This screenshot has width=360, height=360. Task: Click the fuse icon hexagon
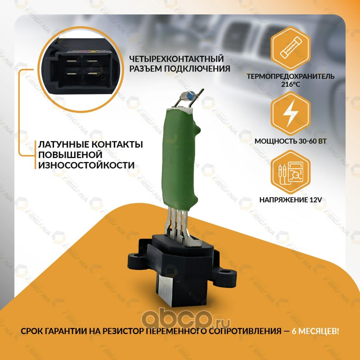coord(290,49)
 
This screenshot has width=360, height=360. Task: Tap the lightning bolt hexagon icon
coord(290,113)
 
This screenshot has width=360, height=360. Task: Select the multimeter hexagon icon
coord(290,172)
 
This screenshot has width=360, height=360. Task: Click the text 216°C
coord(291,84)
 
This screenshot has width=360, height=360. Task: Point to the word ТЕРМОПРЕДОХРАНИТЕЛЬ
coord(290,76)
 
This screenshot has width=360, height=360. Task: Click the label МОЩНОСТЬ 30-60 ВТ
coord(290,141)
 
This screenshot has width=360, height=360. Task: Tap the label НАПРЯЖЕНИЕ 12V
coord(291,200)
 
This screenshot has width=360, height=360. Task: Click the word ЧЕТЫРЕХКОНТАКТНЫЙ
coord(176,59)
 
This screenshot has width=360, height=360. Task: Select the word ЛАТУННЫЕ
coord(63,144)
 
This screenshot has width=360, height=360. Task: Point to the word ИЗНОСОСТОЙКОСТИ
coord(86,165)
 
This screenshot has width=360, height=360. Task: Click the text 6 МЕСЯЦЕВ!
coord(315,331)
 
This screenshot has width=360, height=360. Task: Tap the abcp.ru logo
coord(186,318)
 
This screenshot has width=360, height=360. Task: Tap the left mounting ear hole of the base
coord(138,255)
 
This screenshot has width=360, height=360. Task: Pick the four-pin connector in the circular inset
coord(81,70)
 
